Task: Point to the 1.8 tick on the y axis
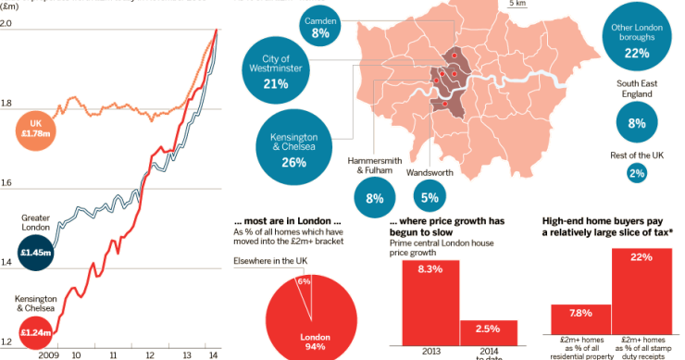7,103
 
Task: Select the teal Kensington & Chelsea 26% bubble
293,150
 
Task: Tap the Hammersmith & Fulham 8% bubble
374,196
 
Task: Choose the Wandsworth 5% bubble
430,195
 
